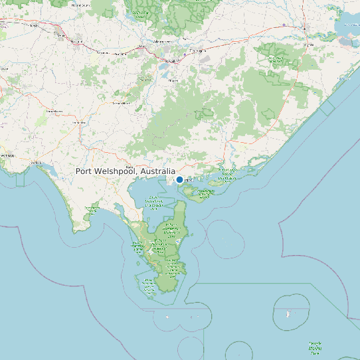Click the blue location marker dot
[179, 179]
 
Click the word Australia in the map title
[157, 171]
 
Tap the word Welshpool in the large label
[116, 171]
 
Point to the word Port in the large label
[84, 171]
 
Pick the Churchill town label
[173, 80]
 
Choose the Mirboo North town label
[120, 103]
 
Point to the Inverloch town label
[36, 162]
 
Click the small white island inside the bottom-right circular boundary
[288, 313]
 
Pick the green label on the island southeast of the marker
[205, 193]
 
